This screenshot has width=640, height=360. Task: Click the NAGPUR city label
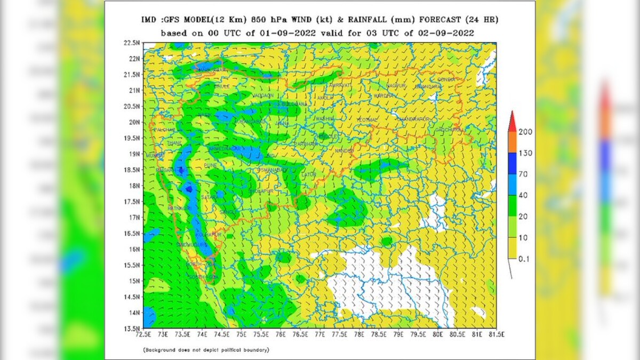tap(396, 85)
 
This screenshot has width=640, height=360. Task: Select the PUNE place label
tap(211, 166)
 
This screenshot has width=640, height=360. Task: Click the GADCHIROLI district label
tap(450, 130)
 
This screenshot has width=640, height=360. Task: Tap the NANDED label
tap(344, 151)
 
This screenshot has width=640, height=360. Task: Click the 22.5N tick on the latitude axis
tap(132, 43)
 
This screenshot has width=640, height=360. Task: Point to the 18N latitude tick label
tap(134, 186)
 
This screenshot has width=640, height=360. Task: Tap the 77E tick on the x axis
tap(320, 335)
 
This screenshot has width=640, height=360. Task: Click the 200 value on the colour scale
tap(525, 132)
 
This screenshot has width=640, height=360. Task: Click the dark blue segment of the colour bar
tap(512, 163)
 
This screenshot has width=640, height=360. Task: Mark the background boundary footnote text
tap(206, 350)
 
